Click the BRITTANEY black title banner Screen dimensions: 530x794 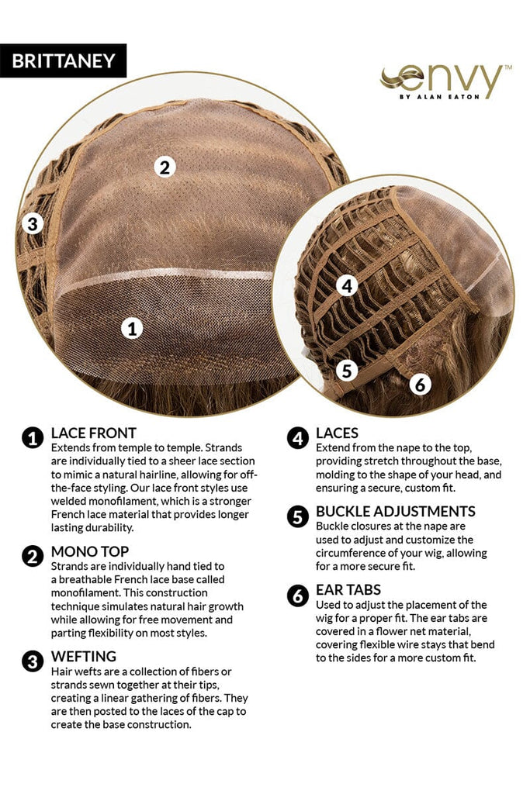[x=63, y=60]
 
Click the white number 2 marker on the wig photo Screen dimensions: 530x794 [x=165, y=167]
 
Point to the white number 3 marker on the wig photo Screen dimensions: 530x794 [x=33, y=223]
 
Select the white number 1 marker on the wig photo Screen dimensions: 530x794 [x=132, y=329]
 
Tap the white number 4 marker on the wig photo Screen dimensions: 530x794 [x=347, y=286]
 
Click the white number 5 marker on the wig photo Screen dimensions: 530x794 [x=347, y=371]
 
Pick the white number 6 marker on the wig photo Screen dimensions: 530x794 [x=420, y=385]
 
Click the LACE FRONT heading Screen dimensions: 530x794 [x=94, y=433]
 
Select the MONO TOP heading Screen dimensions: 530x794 [x=90, y=551]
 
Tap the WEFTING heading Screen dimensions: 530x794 [x=84, y=656]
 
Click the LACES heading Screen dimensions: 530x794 [x=337, y=433]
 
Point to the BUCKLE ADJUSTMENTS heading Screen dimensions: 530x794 [x=396, y=512]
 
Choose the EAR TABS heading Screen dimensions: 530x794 [x=348, y=590]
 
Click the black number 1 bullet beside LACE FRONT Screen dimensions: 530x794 [x=33, y=439]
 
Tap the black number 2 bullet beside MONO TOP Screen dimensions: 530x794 [x=33, y=557]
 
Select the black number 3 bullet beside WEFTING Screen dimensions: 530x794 [x=33, y=661]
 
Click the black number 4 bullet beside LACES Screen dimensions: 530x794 [x=297, y=439]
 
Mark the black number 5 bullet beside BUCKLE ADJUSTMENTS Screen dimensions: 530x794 [x=297, y=517]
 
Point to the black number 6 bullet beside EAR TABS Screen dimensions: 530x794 [x=297, y=595]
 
